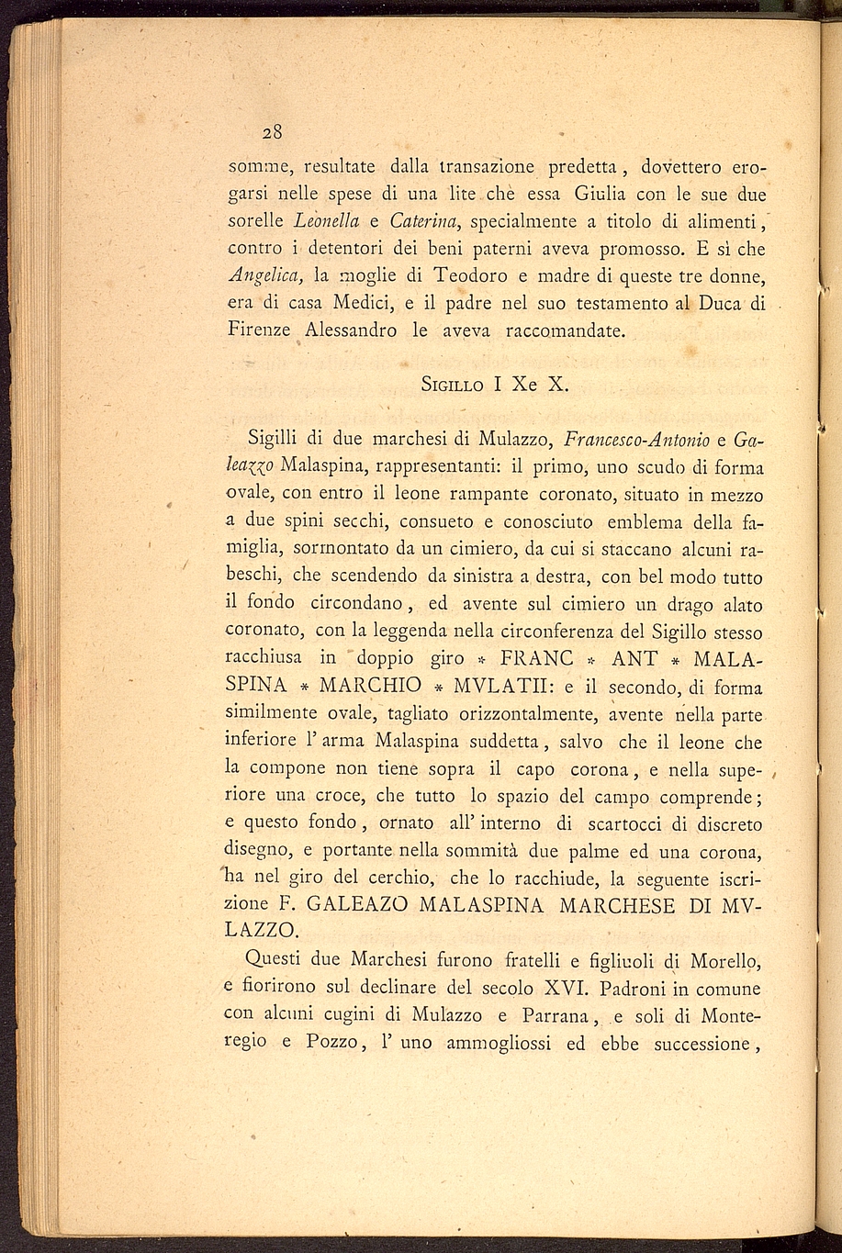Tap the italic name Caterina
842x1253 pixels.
click(x=428, y=221)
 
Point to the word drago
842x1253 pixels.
click(x=669, y=604)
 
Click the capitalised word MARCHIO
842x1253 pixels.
click(x=370, y=686)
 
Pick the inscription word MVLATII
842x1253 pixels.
click(x=501, y=686)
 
